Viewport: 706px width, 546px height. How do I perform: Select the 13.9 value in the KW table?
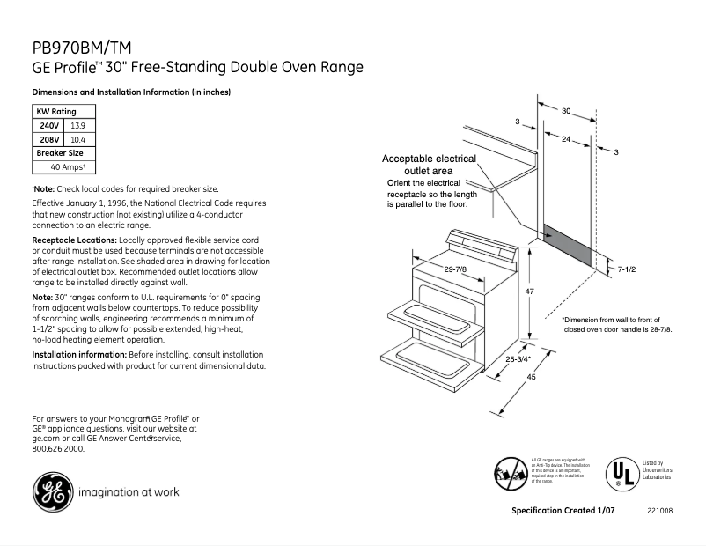pyautogui.click(x=77, y=126)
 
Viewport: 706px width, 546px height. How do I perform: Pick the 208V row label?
pyautogui.click(x=48, y=139)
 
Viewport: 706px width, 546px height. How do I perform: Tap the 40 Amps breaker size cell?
pyautogui.click(x=65, y=166)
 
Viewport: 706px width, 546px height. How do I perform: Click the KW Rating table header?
pyautogui.click(x=55, y=112)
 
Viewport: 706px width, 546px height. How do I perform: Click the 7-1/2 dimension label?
pyautogui.click(x=626, y=269)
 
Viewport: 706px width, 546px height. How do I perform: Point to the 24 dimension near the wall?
pyautogui.click(x=565, y=139)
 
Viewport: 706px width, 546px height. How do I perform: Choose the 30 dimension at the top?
pyautogui.click(x=566, y=111)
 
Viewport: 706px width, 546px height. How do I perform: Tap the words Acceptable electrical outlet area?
pyautogui.click(x=428, y=164)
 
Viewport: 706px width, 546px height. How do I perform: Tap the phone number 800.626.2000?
pyautogui.click(x=57, y=448)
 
